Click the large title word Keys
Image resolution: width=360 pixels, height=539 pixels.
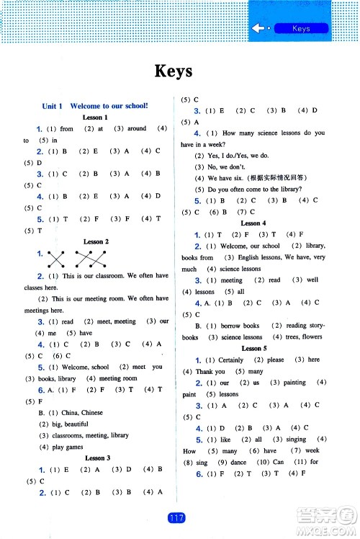[x=173, y=71]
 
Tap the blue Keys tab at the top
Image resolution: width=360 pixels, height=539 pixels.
[x=301, y=29]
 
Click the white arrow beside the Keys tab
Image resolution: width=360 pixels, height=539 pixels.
[x=260, y=29]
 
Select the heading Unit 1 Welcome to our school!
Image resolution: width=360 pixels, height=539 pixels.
[x=95, y=106]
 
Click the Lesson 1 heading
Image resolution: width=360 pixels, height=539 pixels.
[x=95, y=117]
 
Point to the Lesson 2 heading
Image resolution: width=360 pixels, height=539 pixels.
[x=96, y=242]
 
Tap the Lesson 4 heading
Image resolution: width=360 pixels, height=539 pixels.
[x=253, y=224]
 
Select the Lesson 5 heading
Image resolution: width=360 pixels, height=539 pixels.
[x=252, y=348]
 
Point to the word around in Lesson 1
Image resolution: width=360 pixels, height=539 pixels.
[x=137, y=129]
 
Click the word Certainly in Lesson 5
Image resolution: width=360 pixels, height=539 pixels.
[x=230, y=360]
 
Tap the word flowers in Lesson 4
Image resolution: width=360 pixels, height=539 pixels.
[x=312, y=337]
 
